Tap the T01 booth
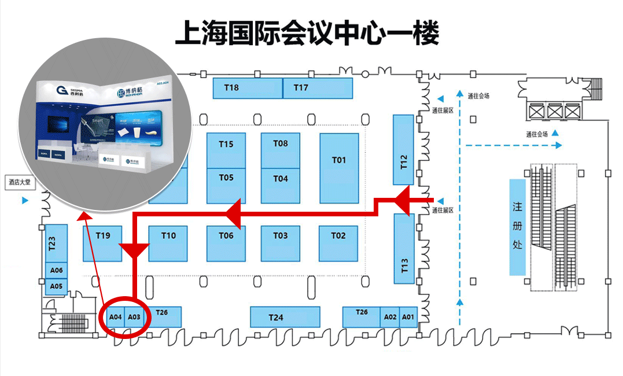pos(339,160)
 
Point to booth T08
pos(281,143)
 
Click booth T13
pos(404,249)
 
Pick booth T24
pos(285,317)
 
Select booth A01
pos(408,317)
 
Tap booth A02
pos(390,317)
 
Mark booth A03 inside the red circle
pos(134,317)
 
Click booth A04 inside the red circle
pos(116,317)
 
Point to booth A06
pos(56,270)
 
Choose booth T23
pos(53,244)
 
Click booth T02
pos(338,235)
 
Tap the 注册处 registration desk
pos(517,226)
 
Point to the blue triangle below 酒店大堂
pos(25,200)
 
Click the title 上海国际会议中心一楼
pos(307,34)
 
